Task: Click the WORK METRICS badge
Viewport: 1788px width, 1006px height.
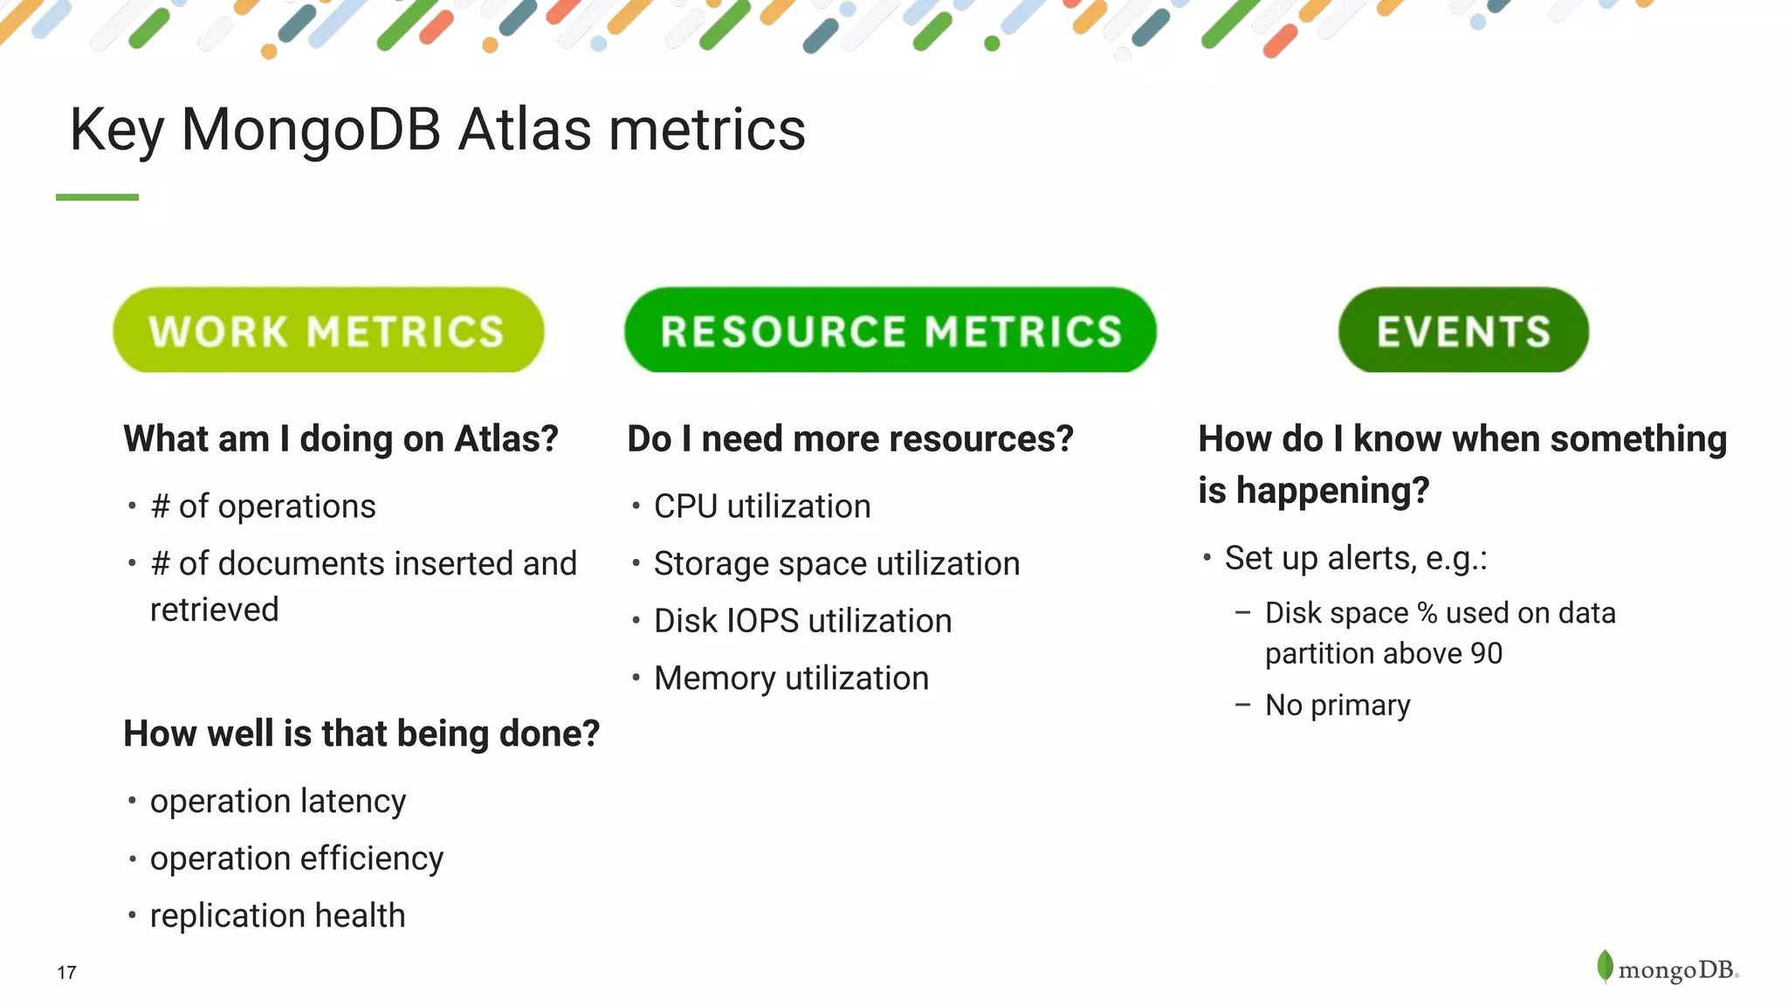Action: click(327, 331)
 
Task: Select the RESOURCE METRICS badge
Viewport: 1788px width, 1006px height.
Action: click(890, 331)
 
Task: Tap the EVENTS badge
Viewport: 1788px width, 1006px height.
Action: click(1463, 331)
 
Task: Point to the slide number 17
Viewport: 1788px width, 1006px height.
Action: click(66, 973)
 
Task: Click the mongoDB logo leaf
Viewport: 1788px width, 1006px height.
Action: click(1605, 966)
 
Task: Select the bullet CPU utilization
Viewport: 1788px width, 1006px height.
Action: click(761, 506)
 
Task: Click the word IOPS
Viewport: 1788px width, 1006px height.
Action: click(762, 621)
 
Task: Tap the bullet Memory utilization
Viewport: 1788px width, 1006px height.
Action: click(791, 679)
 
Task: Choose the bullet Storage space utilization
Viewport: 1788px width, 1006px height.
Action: click(836, 564)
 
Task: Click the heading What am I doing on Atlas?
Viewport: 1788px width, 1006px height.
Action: click(340, 438)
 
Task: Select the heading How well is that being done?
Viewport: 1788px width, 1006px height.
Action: click(361, 734)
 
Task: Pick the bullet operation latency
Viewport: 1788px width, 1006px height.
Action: click(278, 802)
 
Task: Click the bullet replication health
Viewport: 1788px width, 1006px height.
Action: click(278, 916)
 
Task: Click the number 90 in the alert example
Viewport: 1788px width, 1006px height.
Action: click(1486, 653)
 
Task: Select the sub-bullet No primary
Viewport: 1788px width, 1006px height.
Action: click(1337, 705)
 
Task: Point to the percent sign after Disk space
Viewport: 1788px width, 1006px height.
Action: click(1427, 613)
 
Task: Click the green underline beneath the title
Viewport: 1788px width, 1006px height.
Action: click(97, 197)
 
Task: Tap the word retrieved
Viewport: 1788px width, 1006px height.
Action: click(214, 610)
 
